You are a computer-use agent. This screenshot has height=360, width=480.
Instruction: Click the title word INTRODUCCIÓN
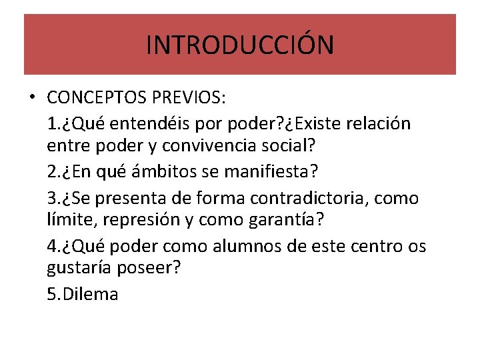pyautogui.click(x=240, y=45)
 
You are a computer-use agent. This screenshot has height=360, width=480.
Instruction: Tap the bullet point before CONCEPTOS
pyautogui.click(x=31, y=99)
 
